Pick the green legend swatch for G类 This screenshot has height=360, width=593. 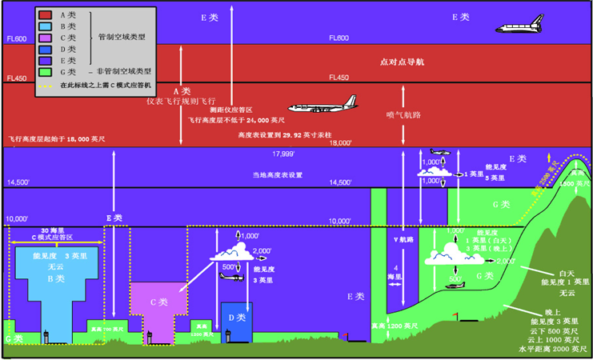[45, 72]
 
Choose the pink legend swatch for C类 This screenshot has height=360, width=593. [45, 38]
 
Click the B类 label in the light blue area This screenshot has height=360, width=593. [55, 279]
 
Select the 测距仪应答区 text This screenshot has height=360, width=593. [231, 109]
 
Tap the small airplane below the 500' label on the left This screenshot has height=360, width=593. [230, 278]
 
